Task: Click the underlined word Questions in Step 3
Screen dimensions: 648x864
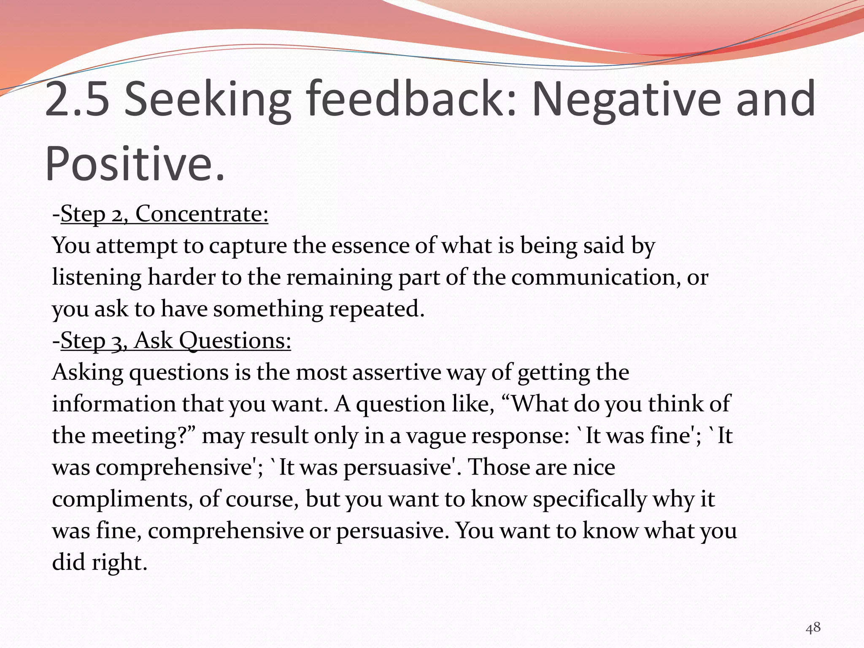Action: click(235, 340)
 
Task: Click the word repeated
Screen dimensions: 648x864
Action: click(377, 309)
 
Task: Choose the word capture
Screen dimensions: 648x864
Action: click(248, 246)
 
